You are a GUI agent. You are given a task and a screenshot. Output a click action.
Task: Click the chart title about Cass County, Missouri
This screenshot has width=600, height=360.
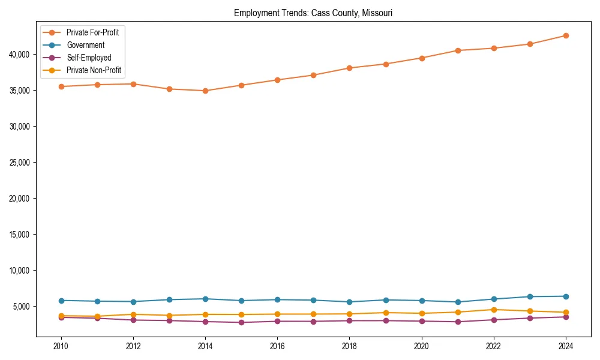coord(313,13)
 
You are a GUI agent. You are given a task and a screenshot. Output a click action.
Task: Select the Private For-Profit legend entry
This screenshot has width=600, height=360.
coord(92,32)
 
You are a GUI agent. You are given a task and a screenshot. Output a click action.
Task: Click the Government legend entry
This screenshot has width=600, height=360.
coord(85,45)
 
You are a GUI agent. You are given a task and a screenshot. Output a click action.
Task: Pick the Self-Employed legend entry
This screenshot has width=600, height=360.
coord(89,58)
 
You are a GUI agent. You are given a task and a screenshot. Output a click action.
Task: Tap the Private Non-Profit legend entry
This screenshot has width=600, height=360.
coord(94,70)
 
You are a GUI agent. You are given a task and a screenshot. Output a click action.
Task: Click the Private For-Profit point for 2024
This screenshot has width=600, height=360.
coord(566,35)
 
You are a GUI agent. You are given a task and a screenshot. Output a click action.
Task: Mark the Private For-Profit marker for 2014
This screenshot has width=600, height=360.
coord(205,91)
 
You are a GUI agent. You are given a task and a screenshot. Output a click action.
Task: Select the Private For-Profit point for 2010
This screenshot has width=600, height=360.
coord(61,86)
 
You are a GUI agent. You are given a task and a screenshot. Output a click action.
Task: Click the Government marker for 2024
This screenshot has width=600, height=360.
coord(566,296)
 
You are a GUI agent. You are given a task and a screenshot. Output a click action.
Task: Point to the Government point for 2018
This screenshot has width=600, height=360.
coord(349,302)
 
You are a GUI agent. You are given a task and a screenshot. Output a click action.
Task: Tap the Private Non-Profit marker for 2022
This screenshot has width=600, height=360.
coord(494,310)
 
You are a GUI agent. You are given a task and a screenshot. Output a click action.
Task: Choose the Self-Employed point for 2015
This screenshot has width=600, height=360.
coord(241,322)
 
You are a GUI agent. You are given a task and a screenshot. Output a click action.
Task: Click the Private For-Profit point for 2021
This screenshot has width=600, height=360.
coord(458,50)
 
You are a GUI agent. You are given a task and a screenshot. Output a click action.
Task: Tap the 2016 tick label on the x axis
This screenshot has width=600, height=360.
coord(277,346)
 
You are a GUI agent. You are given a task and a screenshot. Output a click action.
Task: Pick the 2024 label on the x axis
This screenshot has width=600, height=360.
coord(566,346)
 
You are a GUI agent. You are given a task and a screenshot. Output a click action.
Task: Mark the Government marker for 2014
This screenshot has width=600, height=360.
coord(205,299)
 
